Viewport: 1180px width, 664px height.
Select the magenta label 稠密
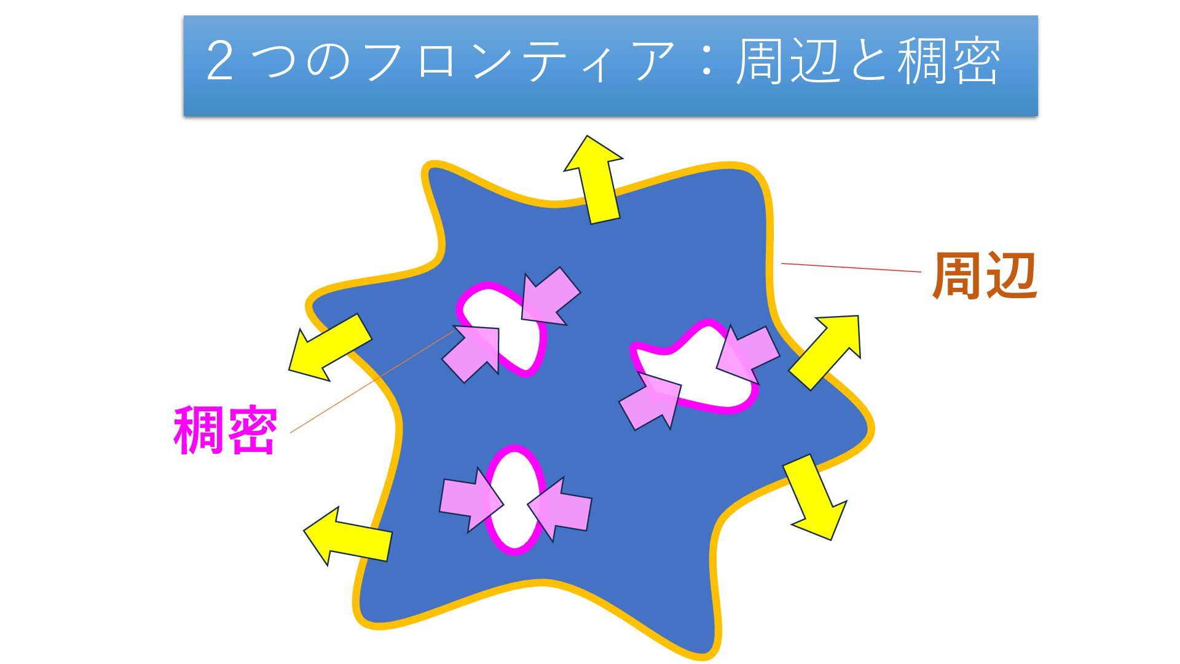(x=225, y=430)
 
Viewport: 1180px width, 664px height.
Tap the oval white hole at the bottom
(x=515, y=499)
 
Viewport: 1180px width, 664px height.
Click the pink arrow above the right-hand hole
(x=747, y=354)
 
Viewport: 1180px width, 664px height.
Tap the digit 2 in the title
(x=219, y=61)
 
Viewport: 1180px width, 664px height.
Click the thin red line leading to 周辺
(x=851, y=267)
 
